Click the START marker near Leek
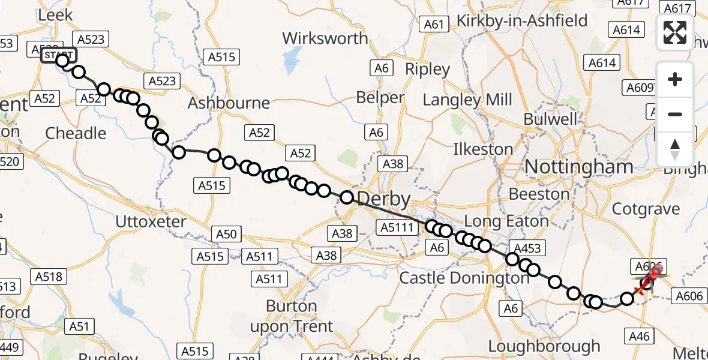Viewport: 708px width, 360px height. click(58, 56)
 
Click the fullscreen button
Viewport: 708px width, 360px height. click(675, 32)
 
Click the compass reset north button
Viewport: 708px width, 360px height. click(675, 148)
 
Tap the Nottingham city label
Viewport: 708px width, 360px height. click(579, 167)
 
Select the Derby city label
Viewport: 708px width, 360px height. click(384, 200)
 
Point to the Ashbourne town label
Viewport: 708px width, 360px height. click(229, 103)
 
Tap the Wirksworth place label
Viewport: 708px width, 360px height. click(325, 38)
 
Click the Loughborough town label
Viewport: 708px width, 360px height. click(544, 347)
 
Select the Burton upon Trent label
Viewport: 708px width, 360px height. click(299, 316)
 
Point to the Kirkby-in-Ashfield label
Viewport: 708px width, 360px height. click(522, 21)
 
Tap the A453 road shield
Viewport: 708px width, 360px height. click(527, 248)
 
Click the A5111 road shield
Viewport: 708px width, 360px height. click(397, 226)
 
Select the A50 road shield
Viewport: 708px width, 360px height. click(226, 235)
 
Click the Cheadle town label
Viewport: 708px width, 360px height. click(76, 133)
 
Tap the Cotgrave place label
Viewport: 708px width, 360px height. click(645, 209)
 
